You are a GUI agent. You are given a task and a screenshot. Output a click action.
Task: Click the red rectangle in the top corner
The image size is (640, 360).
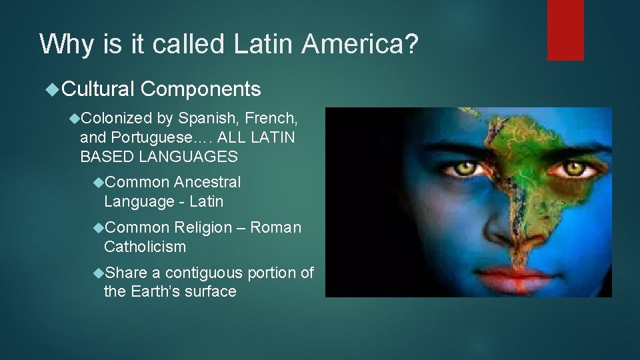(565, 30)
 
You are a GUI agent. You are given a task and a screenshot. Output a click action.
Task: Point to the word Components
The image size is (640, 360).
(201, 89)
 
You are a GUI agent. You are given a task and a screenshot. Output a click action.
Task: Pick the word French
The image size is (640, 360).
(271, 119)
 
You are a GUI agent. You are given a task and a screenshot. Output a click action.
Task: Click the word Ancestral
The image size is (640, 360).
(207, 182)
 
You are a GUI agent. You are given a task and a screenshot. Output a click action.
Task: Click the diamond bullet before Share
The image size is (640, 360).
(99, 273)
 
